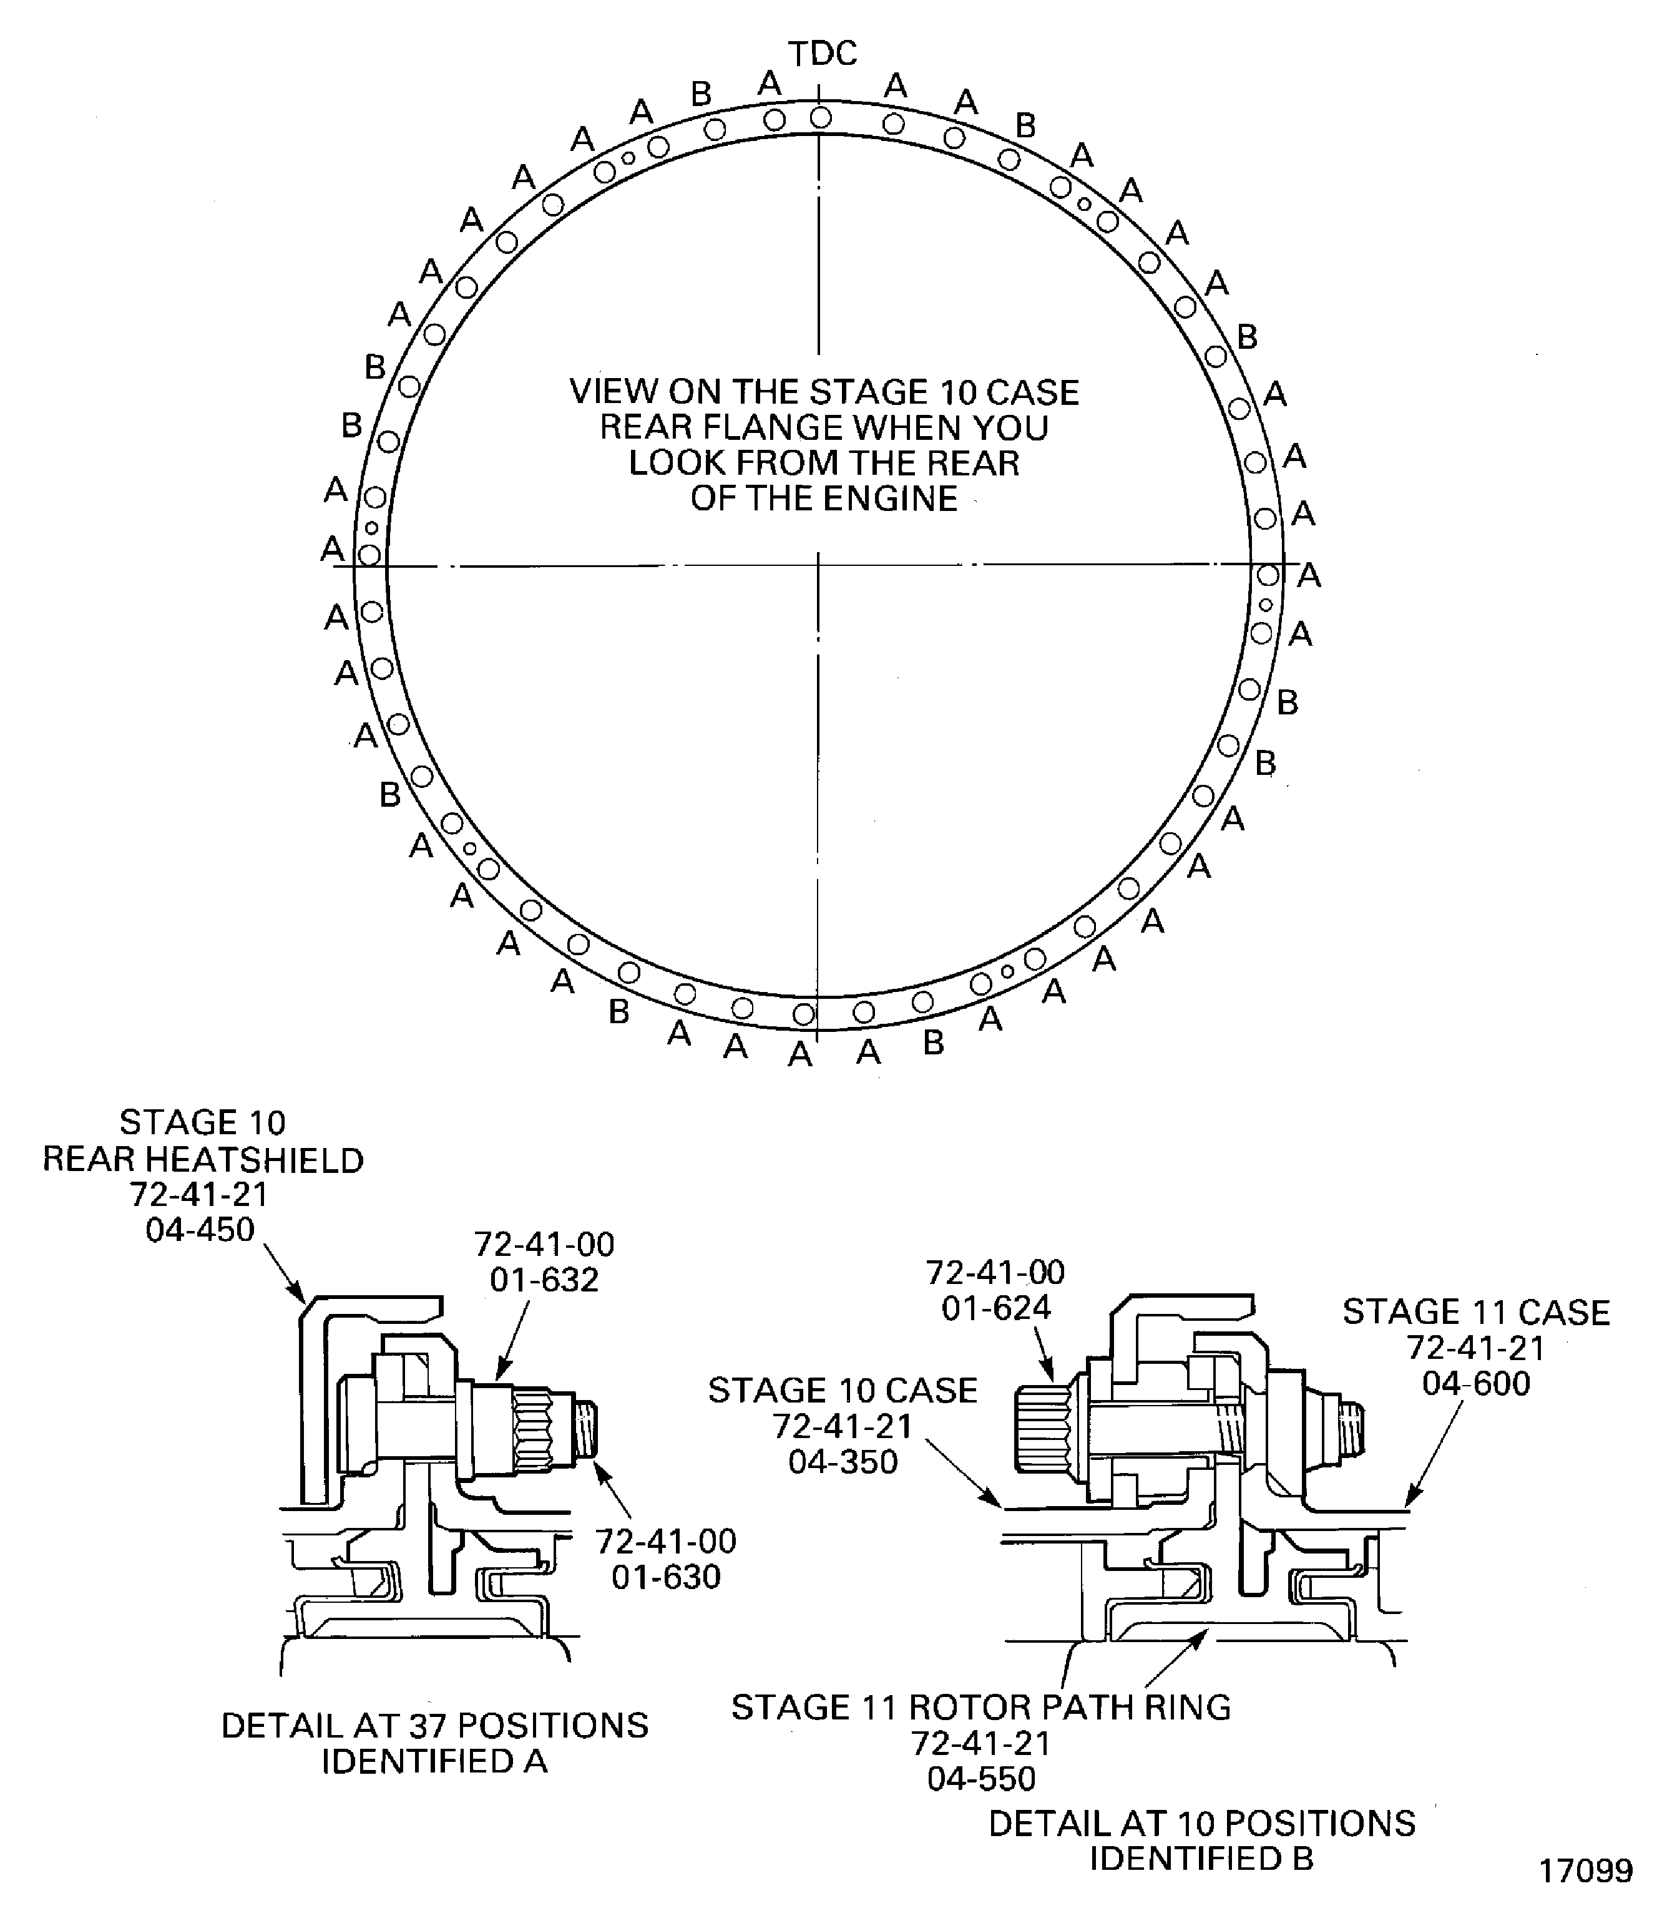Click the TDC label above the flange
tap(823, 54)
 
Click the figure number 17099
tap(1586, 1871)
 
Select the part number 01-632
tap(544, 1280)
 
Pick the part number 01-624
tap(996, 1308)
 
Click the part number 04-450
tap(200, 1230)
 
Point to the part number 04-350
tap(843, 1462)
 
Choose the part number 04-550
tap(981, 1778)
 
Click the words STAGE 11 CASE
tap(1475, 1312)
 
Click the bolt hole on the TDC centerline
tap(821, 118)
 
